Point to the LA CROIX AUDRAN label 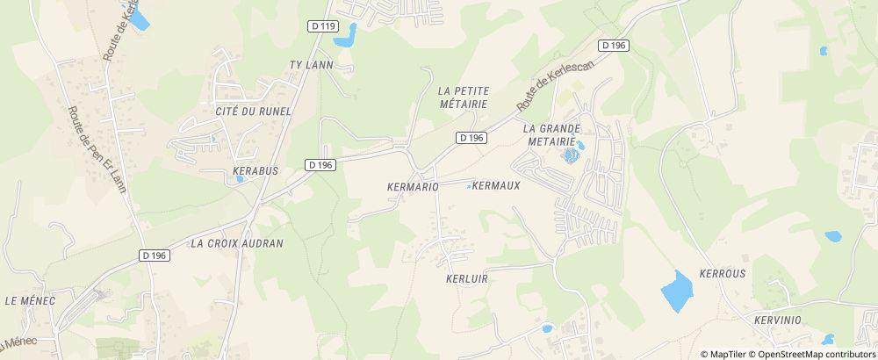tap(237, 243)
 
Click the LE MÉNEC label tap(30, 300)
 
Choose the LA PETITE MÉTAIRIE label tap(463, 97)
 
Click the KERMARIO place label tap(412, 187)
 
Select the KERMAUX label tap(497, 186)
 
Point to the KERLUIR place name tap(466, 277)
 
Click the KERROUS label tap(722, 273)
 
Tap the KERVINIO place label tap(777, 320)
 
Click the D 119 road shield tap(323, 27)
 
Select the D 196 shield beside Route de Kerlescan tap(614, 45)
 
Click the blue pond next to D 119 tap(347, 36)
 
